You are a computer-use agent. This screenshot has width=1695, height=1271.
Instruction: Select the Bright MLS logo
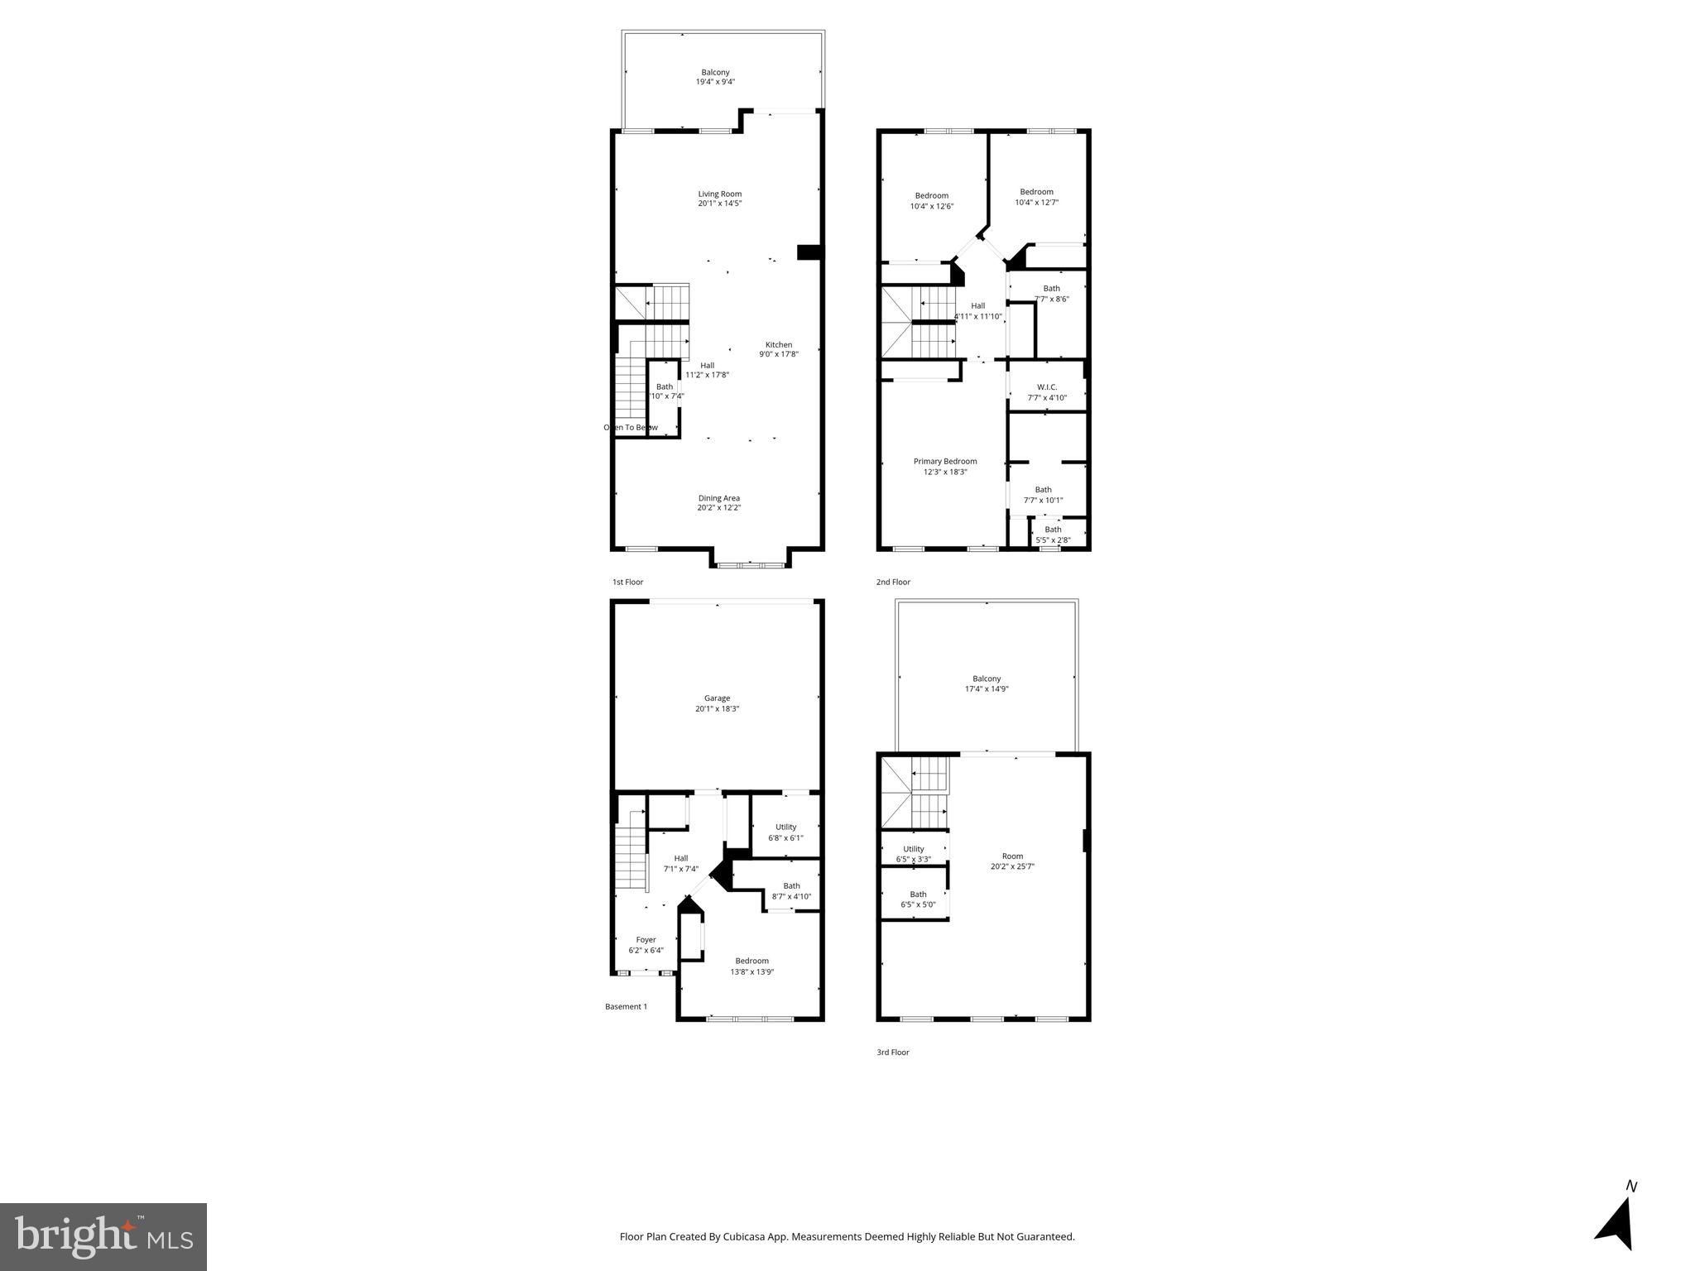(103, 1237)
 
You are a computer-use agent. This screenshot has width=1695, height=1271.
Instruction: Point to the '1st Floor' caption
(627, 583)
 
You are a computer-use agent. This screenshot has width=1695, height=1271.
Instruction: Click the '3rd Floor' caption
(893, 1053)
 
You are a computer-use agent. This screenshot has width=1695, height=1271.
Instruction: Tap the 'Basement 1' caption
(626, 1007)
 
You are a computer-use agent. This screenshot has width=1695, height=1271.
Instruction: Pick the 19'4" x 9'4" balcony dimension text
(715, 83)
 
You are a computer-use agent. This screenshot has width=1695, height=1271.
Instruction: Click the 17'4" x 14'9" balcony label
(987, 684)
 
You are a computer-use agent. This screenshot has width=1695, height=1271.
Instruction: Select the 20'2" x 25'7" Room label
(1012, 861)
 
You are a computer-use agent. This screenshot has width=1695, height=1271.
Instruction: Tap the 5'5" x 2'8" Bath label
(1053, 535)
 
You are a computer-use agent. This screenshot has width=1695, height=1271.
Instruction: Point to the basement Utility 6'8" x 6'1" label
(785, 832)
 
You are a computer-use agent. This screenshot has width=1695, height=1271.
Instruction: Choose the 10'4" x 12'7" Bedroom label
(1036, 197)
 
